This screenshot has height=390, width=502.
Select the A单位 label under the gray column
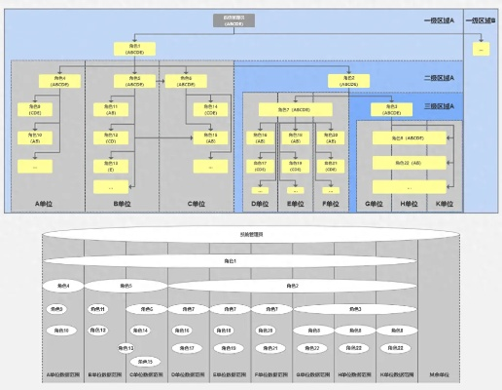pyautogui.click(x=48, y=204)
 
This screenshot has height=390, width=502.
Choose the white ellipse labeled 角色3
pyautogui.click(x=292, y=286)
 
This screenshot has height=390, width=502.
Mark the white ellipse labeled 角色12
pyautogui.click(x=126, y=347)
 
